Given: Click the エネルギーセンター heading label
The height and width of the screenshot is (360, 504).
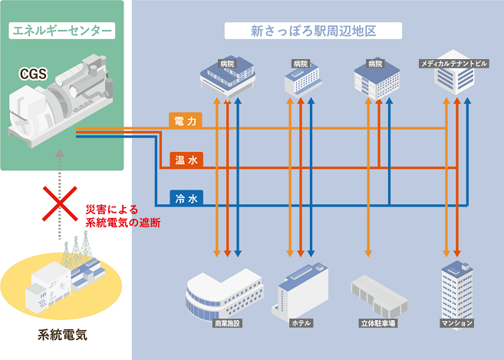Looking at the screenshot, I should click(x=61, y=31).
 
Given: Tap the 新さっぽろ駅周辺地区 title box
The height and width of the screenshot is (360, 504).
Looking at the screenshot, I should click(x=314, y=31).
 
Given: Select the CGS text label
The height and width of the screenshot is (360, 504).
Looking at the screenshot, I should click(x=33, y=74).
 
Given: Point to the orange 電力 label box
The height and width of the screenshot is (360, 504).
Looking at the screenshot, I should click(x=186, y=121).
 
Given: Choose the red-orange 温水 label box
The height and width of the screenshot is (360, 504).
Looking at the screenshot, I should click(x=186, y=160).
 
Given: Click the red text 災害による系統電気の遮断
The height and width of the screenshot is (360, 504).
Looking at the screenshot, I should click(x=122, y=216).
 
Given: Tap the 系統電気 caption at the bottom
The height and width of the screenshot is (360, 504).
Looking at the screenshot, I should click(x=62, y=335).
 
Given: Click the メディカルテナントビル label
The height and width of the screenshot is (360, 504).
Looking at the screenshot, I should click(x=453, y=63).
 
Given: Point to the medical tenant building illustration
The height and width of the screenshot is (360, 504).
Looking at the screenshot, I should click(x=453, y=80).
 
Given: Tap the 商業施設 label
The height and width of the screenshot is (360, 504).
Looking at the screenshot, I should click(x=227, y=323).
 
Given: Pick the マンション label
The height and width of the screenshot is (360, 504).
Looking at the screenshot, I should click(x=457, y=323).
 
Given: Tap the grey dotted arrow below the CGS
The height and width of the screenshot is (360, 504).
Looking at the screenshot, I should click(x=60, y=184).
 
